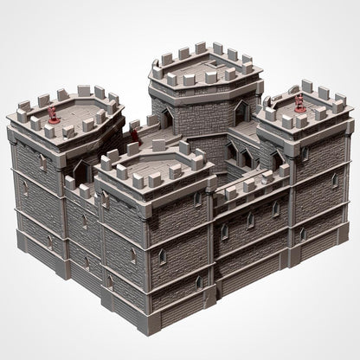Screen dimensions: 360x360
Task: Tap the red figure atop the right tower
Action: pos(299,102)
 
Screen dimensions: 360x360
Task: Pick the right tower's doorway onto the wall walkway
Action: pos(275,160)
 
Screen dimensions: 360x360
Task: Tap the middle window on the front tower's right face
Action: pos(161,256)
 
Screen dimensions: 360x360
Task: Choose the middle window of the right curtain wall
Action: pos(250,221)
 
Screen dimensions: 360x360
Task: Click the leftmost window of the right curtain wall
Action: pos(225,231)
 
